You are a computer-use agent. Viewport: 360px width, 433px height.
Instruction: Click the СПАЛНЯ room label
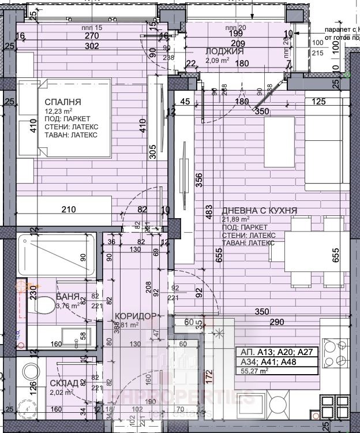click(x=63, y=102)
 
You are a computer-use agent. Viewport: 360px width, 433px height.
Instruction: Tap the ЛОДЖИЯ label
click(x=224, y=51)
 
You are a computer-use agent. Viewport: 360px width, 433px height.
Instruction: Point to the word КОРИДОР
click(x=136, y=316)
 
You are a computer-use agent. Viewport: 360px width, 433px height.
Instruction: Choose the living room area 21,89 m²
click(x=236, y=219)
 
